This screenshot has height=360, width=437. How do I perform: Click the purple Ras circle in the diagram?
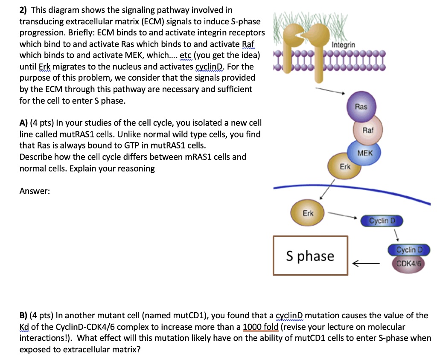(361, 107)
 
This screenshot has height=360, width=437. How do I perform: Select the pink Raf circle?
(367, 130)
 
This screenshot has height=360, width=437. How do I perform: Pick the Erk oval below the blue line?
(307, 213)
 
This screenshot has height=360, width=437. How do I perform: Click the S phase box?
(310, 256)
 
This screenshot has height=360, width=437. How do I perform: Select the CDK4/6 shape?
(408, 263)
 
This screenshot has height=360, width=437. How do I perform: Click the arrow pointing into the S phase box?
(365, 263)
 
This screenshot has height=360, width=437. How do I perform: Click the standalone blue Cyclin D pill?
(381, 221)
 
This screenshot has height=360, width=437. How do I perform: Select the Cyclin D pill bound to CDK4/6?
(408, 250)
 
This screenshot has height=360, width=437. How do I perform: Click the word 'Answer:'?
(35, 191)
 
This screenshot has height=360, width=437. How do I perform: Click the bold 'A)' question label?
(24, 123)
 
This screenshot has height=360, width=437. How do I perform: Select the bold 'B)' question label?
(24, 316)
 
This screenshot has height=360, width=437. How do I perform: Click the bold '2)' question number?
(24, 9)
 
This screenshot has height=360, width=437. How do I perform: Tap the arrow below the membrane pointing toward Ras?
(330, 90)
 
